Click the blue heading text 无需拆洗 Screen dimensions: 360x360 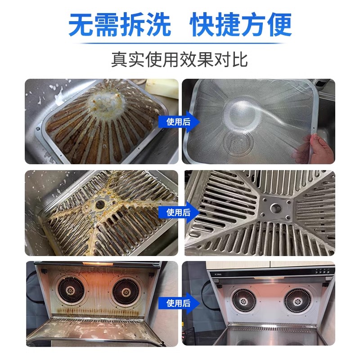tap(120, 25)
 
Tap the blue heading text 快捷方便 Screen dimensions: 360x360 tap(241, 25)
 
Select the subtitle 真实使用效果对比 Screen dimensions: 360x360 tap(180, 60)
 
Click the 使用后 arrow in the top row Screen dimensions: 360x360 tap(179, 121)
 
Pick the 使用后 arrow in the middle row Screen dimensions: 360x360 tap(179, 212)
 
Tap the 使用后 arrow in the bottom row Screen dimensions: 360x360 tap(179, 303)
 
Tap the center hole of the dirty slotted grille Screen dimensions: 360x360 tap(100, 205)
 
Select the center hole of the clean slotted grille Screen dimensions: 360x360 tap(275, 208)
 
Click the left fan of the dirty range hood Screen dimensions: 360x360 tap(71, 291)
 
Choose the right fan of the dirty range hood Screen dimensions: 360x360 tap(126, 292)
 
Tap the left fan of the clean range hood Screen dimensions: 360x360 tap(243, 301)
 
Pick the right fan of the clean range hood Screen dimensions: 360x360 tap(297, 301)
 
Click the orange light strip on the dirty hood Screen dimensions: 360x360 tap(98, 264)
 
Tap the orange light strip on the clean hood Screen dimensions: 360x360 tap(269, 278)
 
